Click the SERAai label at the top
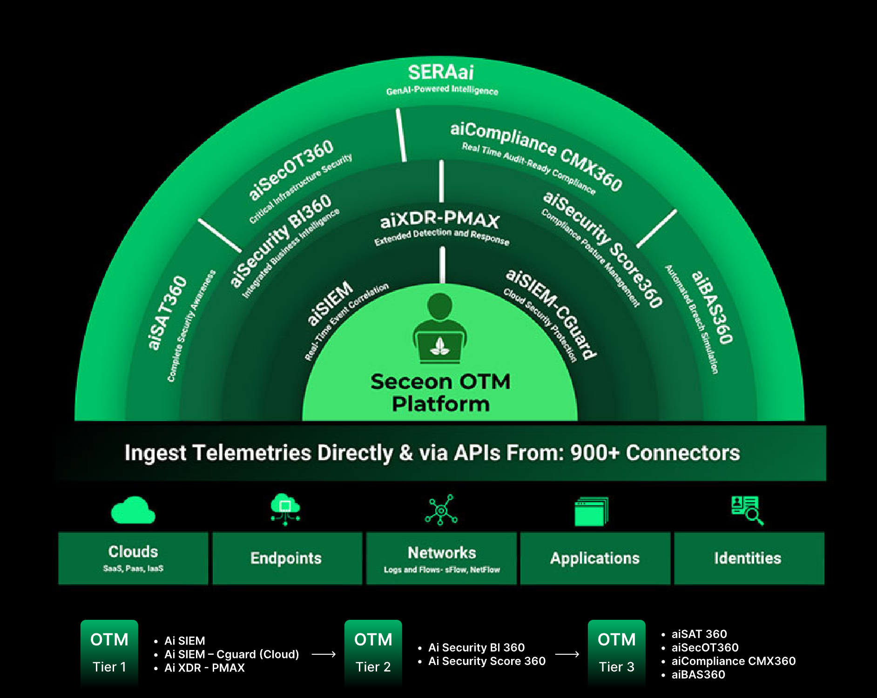point(440,73)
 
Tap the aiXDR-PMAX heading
point(440,220)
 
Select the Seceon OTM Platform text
point(440,393)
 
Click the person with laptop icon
point(440,328)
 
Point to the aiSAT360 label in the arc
point(167,312)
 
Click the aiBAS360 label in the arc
point(712,308)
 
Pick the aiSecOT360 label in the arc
point(291,169)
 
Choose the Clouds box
point(133,558)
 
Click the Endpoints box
point(287,558)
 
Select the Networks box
point(441,558)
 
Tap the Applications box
point(595,558)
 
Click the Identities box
point(749,558)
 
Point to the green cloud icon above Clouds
point(133,510)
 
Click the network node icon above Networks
point(441,510)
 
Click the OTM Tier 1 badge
point(109,652)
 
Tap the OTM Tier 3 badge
point(616,652)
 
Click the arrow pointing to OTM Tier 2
point(324,654)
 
